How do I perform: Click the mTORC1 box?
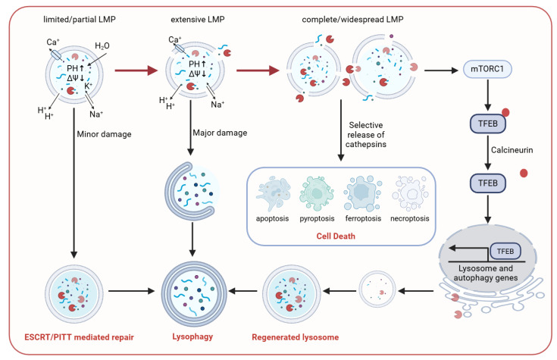click(487, 69)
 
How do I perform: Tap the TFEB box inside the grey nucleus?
click(505, 252)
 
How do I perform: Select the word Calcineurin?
click(512, 150)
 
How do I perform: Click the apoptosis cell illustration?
click(273, 194)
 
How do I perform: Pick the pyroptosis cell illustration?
click(317, 194)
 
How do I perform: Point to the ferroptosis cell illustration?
click(363, 194)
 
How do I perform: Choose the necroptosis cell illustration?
click(410, 194)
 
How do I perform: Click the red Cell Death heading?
click(336, 236)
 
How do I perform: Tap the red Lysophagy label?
click(192, 337)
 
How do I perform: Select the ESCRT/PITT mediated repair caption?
click(80, 337)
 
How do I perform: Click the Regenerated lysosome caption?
click(296, 337)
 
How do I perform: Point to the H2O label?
click(102, 45)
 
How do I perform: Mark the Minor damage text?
click(104, 134)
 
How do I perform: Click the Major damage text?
click(220, 133)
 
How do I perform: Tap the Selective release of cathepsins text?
click(366, 135)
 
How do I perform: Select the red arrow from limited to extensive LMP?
click(136, 70)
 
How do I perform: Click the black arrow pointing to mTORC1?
click(441, 70)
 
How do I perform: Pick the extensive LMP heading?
click(198, 20)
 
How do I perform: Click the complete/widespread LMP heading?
click(352, 20)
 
